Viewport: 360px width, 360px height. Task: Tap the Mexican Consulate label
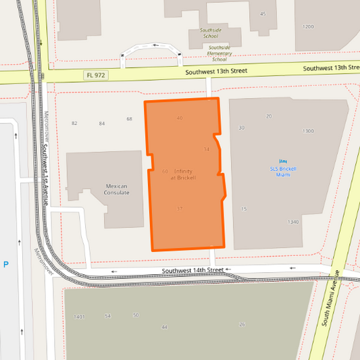[117, 189]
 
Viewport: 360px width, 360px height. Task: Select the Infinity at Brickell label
[183, 174]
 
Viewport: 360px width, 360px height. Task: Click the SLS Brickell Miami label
[283, 172]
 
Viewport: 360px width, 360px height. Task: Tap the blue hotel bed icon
[283, 161]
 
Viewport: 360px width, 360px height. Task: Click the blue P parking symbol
[6, 265]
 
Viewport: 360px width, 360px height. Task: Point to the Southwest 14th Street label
[192, 270]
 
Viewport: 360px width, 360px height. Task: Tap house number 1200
[308, 27]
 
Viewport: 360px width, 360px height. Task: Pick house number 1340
[292, 222]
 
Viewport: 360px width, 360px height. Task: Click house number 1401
[79, 316]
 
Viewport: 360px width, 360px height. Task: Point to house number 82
[74, 123]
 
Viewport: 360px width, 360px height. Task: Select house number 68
[129, 119]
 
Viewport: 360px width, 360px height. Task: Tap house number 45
[263, 14]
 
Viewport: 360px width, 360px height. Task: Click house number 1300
[308, 131]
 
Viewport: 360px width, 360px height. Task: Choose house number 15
[244, 209]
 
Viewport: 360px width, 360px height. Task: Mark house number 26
[242, 324]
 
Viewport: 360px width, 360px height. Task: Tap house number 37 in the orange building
[179, 209]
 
